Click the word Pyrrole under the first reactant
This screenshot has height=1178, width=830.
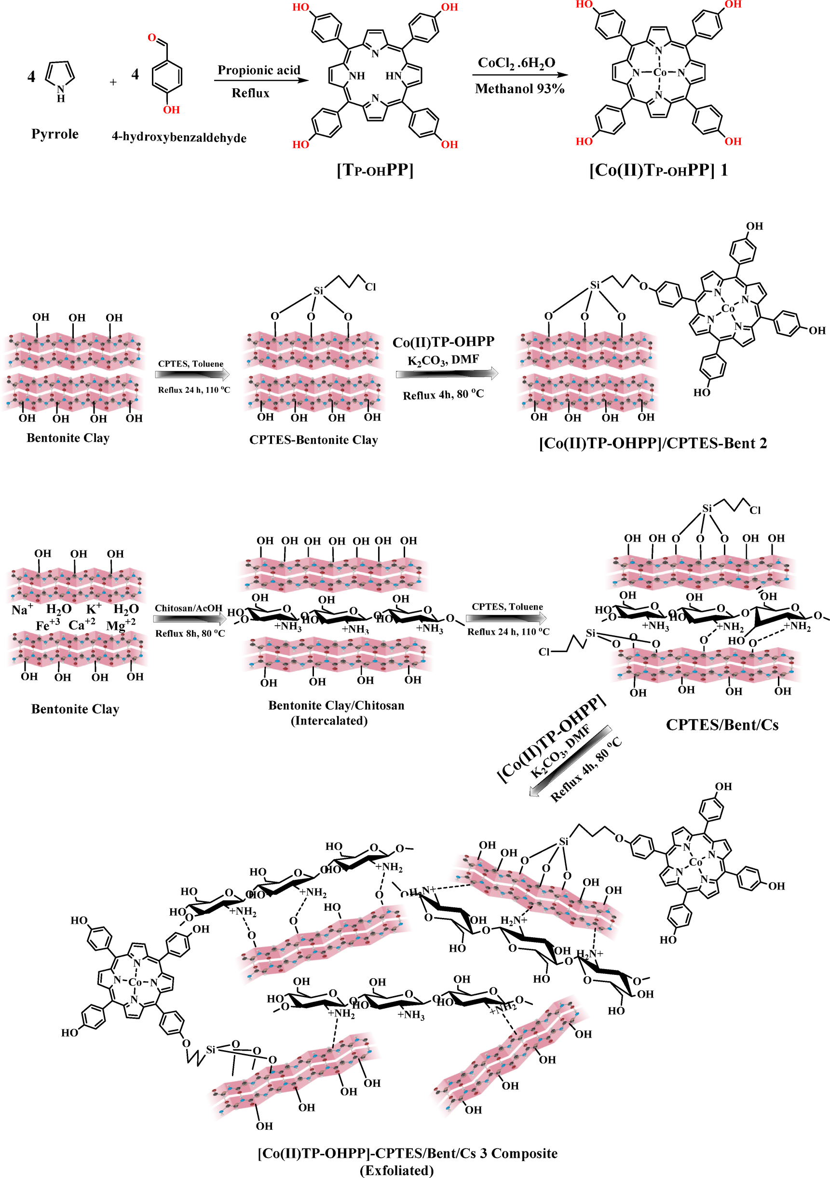coord(55,135)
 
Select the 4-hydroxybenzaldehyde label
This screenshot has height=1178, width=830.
coord(179,137)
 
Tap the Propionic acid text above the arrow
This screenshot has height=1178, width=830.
coord(259,70)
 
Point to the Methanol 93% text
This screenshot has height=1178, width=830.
coord(519,89)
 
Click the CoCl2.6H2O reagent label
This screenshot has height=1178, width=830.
coord(516,63)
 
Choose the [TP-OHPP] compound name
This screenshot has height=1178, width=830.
coord(375,170)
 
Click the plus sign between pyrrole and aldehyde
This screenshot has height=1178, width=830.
coord(113,82)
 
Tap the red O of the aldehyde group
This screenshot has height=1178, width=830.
coord(152,38)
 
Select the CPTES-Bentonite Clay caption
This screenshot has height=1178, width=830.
coord(313,439)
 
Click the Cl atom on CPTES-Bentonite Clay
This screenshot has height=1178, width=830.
coord(370,288)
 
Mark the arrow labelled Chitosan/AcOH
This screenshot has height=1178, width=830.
coord(189,620)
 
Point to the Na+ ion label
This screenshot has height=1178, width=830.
coord(22,610)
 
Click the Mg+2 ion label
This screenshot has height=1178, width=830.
coord(121,625)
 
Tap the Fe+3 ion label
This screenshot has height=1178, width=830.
coord(48,625)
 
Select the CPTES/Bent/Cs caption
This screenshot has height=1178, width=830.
coord(722,725)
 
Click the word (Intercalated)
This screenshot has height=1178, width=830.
coord(329,721)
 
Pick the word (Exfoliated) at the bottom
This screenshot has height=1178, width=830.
coord(396,1170)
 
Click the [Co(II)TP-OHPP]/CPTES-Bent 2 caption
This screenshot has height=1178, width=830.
coord(653,443)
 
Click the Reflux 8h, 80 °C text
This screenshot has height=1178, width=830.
coord(190,634)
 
